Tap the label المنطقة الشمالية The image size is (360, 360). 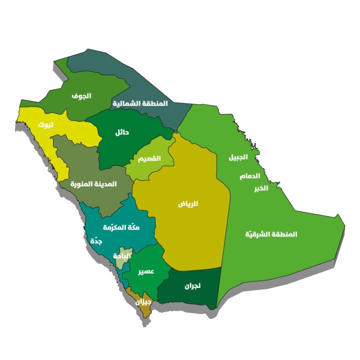click(140, 103)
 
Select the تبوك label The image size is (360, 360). click(41, 124)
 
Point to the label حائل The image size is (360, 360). click(122, 132)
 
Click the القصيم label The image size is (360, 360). click(149, 158)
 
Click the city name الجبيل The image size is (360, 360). click(238, 157)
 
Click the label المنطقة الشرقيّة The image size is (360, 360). click(271, 234)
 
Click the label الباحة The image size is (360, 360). click(122, 255)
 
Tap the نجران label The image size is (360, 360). click(190, 286)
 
